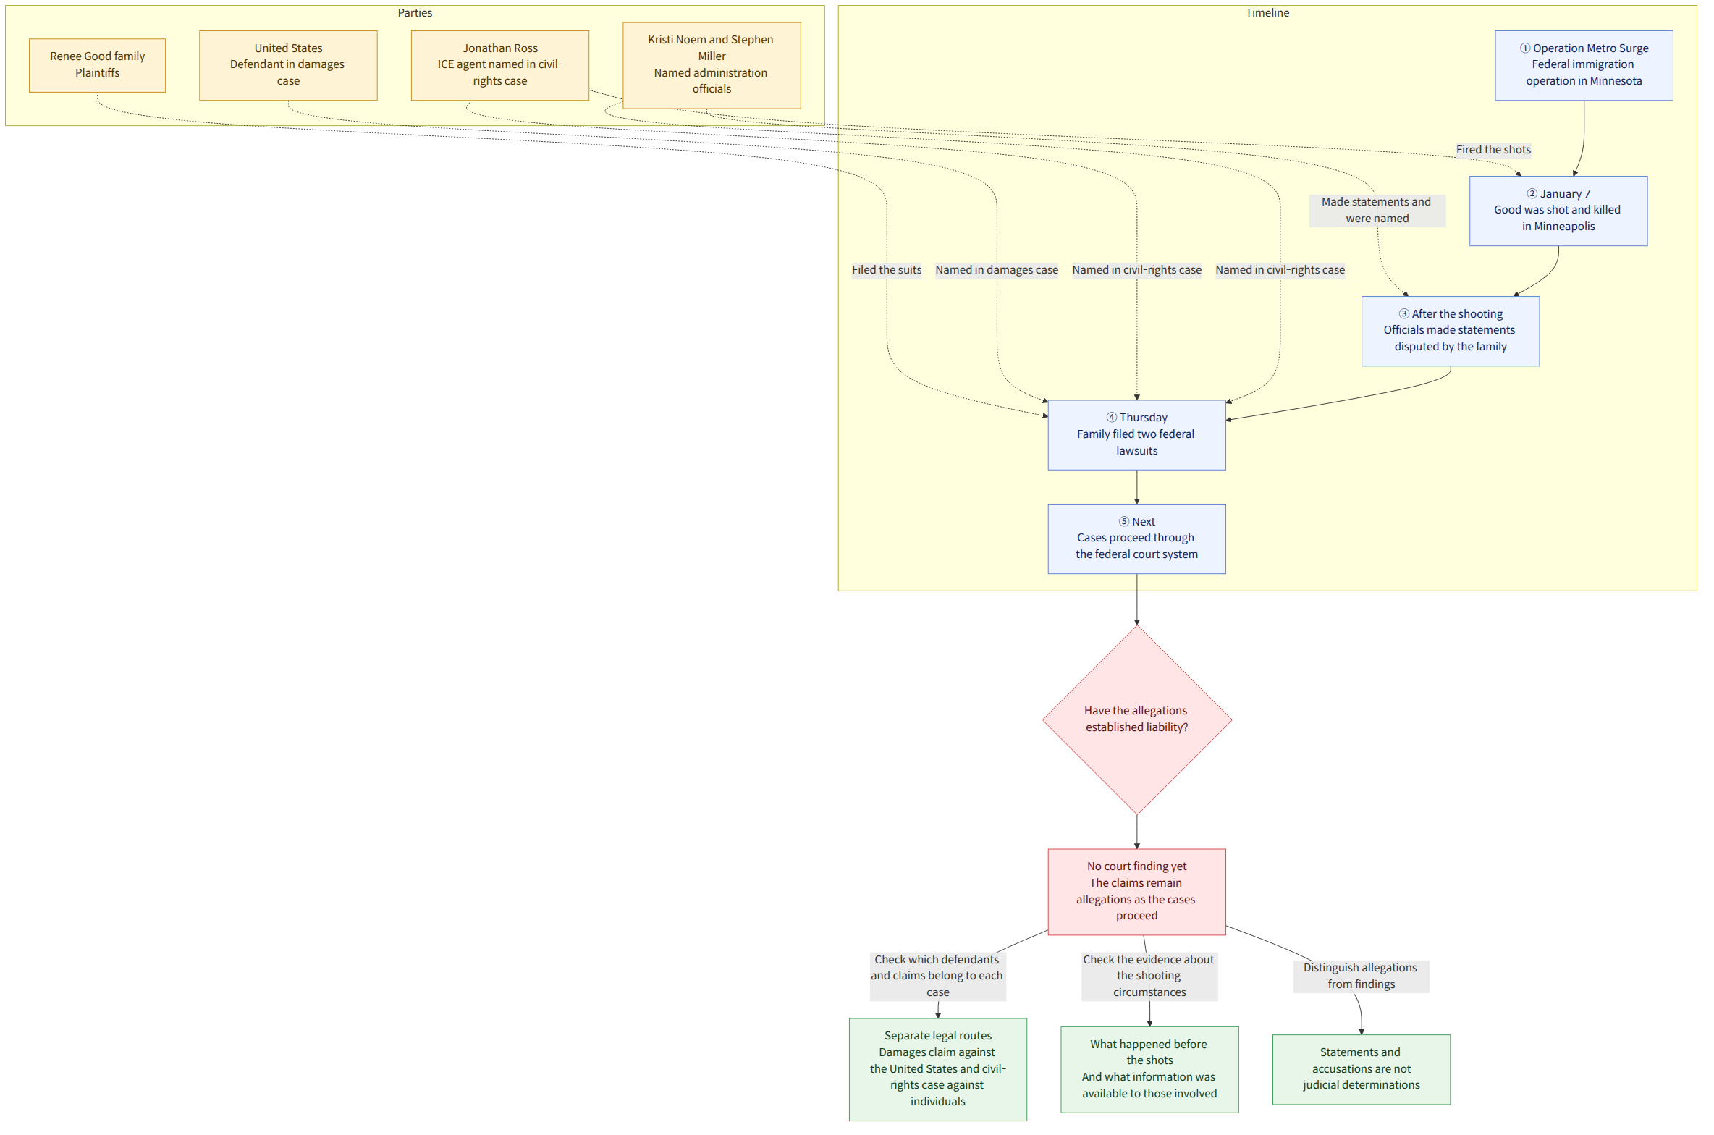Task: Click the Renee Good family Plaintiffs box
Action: (97, 65)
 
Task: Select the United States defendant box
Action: (288, 65)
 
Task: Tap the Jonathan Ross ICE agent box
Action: (499, 65)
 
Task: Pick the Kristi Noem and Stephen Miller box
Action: (712, 65)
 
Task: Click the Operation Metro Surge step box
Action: (1584, 65)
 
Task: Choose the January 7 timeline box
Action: (1558, 211)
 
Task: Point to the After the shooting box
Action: (1450, 331)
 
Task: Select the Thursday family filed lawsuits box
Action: (1136, 435)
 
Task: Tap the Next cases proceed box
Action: (1136, 539)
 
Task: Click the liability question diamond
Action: (1136, 720)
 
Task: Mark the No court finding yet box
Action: (1136, 891)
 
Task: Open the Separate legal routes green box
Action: (937, 1069)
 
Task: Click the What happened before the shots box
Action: (1149, 1069)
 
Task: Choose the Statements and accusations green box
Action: (1361, 1069)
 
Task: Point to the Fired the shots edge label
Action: (1493, 150)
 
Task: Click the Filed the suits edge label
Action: (887, 270)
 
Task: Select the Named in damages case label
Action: (997, 270)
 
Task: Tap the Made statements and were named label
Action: (1377, 210)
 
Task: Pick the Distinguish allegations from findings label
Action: (1361, 976)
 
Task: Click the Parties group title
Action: (415, 13)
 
